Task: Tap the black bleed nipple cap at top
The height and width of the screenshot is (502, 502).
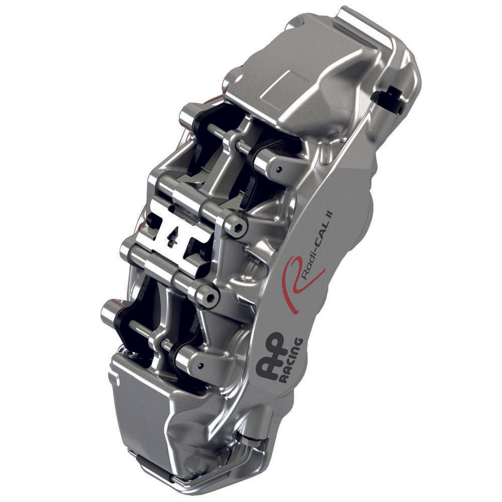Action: click(389, 98)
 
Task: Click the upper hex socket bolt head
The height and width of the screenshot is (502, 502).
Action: click(236, 228)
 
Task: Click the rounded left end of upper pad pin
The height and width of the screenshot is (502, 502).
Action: click(186, 114)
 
